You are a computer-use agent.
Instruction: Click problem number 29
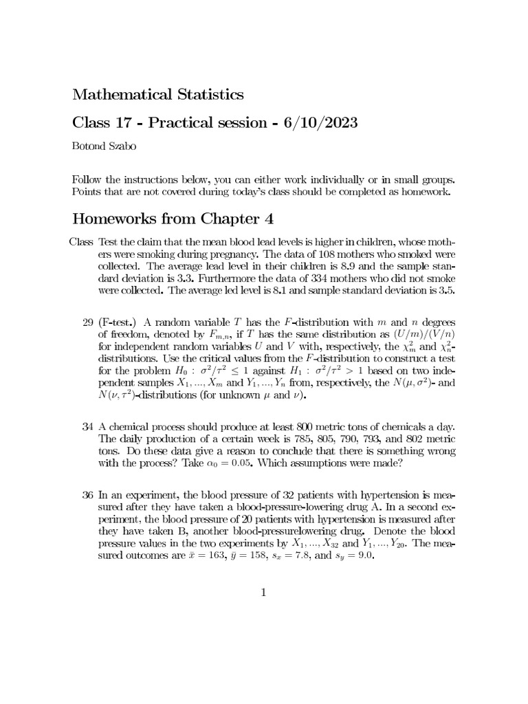tap(87, 322)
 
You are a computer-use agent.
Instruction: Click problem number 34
tap(87, 427)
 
